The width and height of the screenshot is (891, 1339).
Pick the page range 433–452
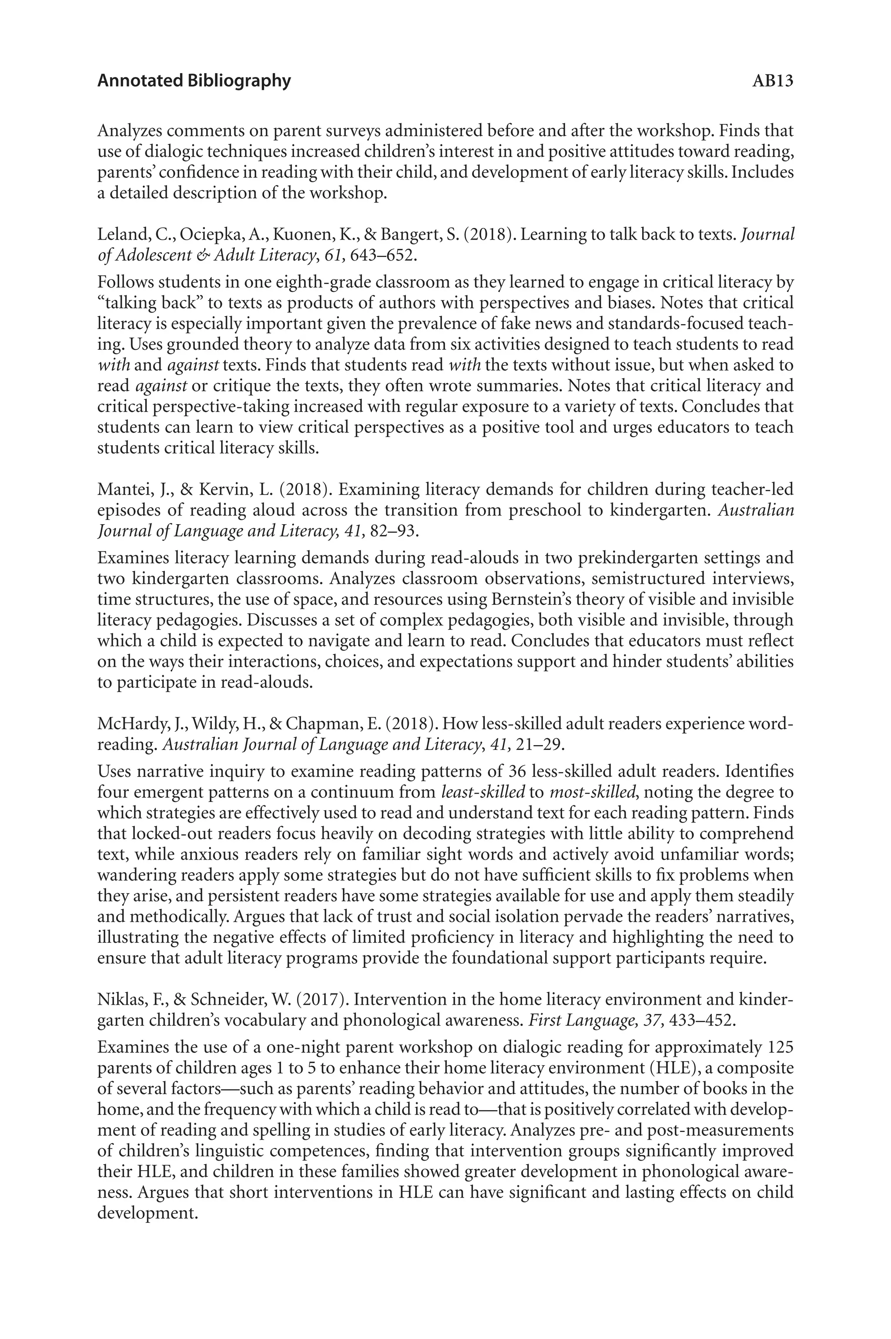coord(702,1020)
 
